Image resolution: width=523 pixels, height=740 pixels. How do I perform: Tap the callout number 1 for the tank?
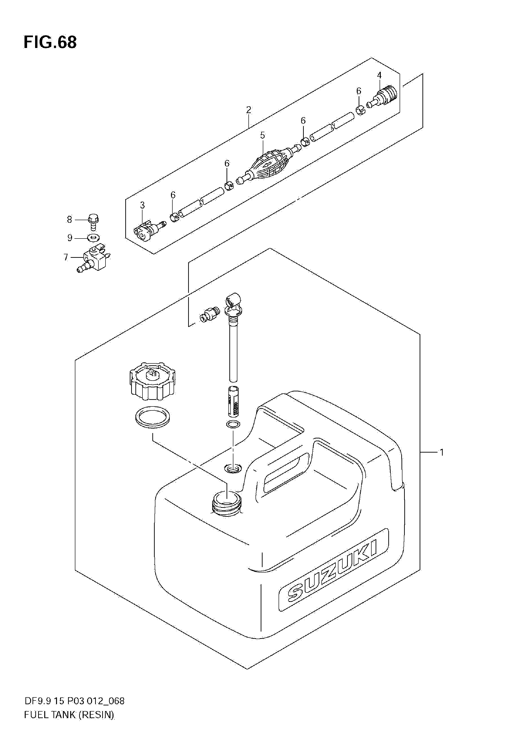coord(441,453)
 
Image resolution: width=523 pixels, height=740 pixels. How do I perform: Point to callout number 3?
coord(142,205)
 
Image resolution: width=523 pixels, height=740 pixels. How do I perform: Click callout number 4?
coord(379,76)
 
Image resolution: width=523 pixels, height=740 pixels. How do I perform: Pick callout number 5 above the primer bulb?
coord(262,135)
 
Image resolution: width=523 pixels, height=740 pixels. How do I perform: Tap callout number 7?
coord(66,257)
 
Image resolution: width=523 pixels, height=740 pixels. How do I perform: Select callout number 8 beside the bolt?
coord(69,219)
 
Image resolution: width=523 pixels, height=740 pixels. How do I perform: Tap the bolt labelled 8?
coord(93,222)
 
